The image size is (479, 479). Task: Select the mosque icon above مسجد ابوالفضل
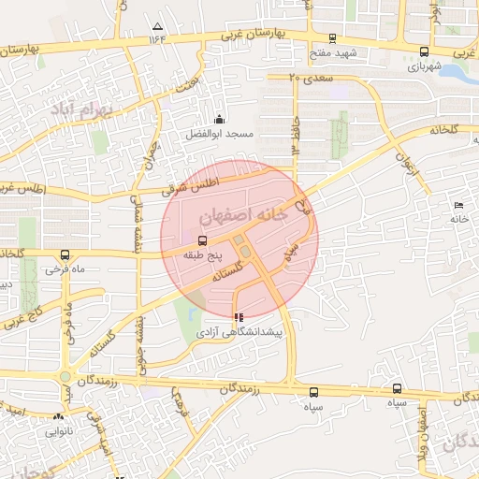coord(219,119)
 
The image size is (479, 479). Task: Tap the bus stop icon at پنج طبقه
coord(190,240)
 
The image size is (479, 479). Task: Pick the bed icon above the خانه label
coord(457,205)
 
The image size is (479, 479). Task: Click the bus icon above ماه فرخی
coord(65,254)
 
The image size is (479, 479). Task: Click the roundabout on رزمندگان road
coord(65,378)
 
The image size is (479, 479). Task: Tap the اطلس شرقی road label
coord(193,185)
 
